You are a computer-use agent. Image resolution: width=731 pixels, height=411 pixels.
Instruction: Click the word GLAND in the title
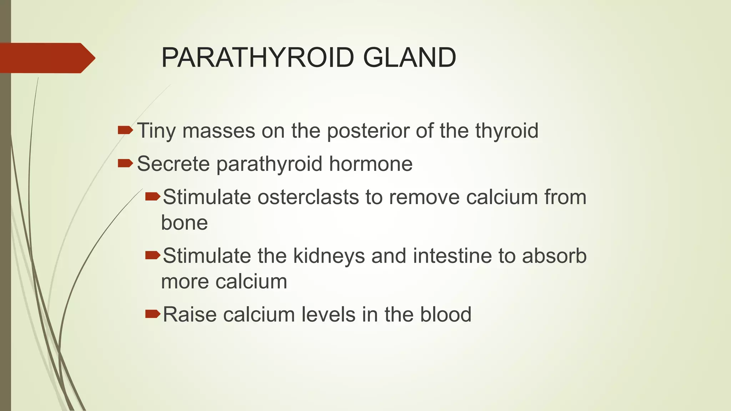coord(409,57)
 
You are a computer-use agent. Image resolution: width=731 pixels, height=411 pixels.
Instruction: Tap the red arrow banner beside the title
coord(46,58)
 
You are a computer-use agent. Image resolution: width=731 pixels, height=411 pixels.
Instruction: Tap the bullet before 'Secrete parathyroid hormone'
coord(125,163)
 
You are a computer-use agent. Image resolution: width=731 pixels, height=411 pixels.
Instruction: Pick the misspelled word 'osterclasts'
coord(308,197)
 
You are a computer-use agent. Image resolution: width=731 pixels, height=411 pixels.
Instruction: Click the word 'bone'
coord(184,223)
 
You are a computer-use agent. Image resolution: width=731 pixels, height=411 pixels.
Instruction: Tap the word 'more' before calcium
coord(185,281)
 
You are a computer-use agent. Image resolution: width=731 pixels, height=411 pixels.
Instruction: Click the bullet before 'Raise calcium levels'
coord(153,314)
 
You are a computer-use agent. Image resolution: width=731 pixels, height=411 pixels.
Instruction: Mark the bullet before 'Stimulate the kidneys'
coord(153,255)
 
